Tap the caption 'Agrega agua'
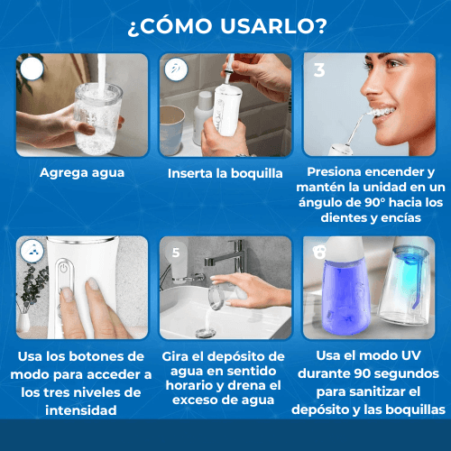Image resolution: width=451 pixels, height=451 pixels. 82,173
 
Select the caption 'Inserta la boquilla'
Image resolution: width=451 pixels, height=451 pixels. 225,173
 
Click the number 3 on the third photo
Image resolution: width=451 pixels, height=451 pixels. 319,70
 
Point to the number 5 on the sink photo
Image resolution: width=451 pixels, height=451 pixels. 176,253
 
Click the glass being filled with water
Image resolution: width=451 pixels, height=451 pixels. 97,119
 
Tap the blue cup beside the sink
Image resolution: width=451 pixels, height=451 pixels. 172,130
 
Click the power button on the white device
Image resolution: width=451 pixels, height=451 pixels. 63,268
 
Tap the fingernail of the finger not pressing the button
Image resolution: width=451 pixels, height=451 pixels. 93,284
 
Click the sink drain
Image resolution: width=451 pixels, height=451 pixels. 206,333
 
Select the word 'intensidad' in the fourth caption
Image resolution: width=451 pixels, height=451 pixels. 81,410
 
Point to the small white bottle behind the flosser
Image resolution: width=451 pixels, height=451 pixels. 202,117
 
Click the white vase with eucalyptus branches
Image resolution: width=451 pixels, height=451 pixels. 23,322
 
